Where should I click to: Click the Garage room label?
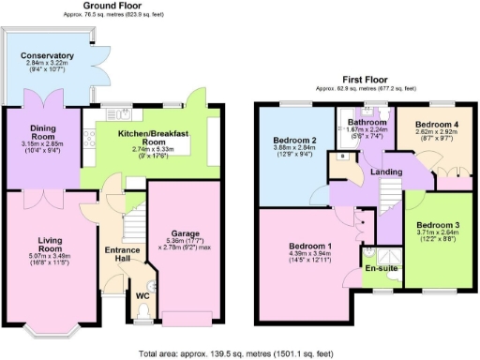(183, 233)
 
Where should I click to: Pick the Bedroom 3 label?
(439, 225)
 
